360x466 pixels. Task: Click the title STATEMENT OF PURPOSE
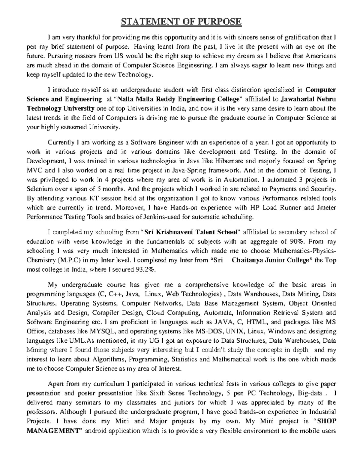[181, 22]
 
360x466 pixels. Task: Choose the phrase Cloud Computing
[173, 313]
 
